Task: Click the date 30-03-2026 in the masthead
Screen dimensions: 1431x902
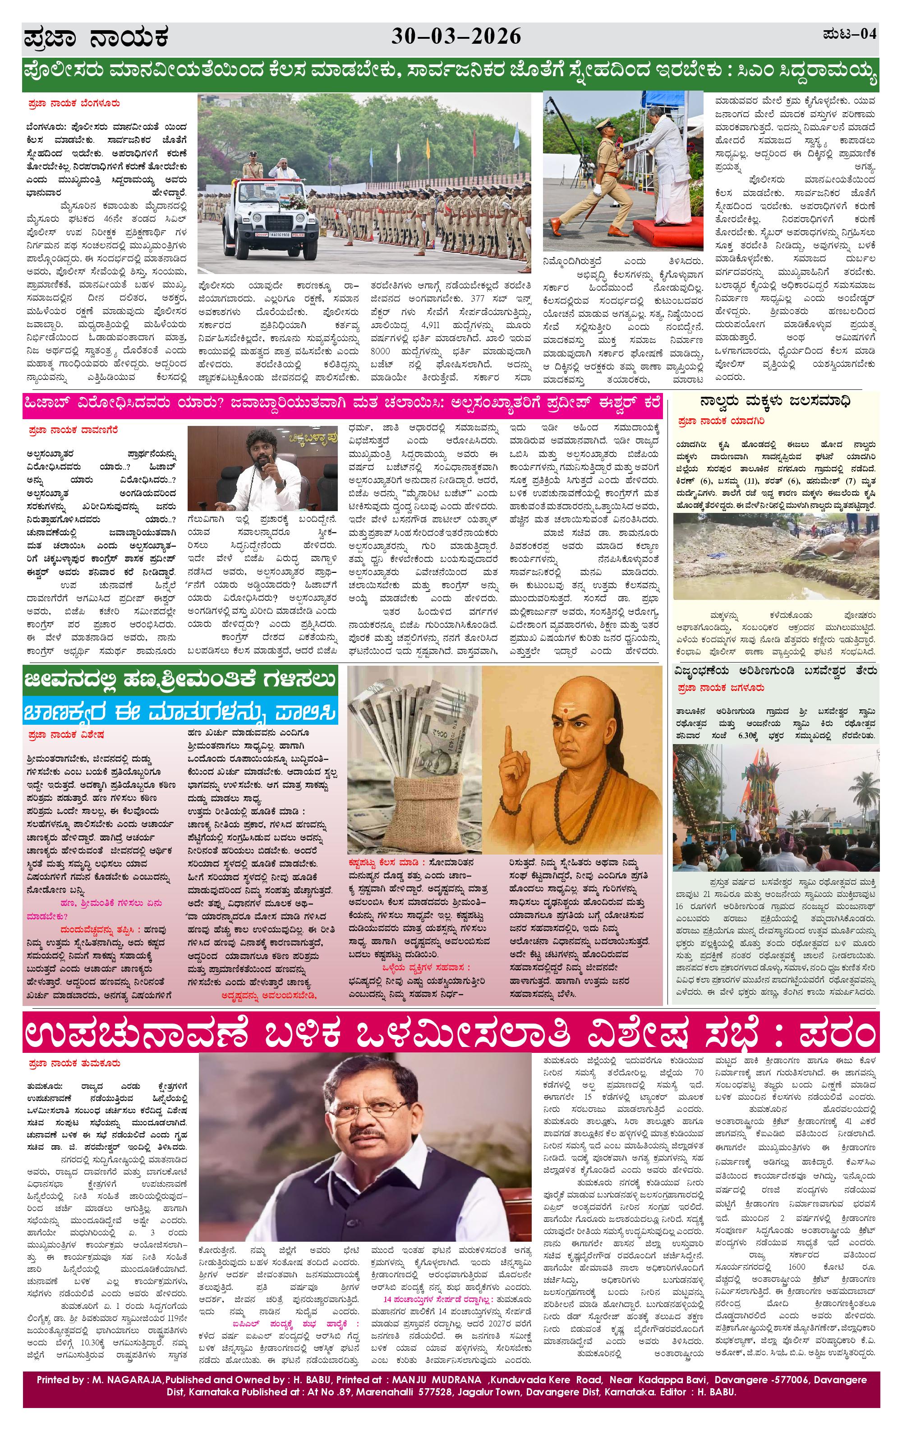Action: coord(456,37)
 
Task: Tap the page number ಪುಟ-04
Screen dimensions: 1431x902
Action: coord(849,34)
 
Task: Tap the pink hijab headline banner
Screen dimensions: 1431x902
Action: coord(342,402)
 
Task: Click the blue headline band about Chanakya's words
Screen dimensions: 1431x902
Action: coord(181,713)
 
